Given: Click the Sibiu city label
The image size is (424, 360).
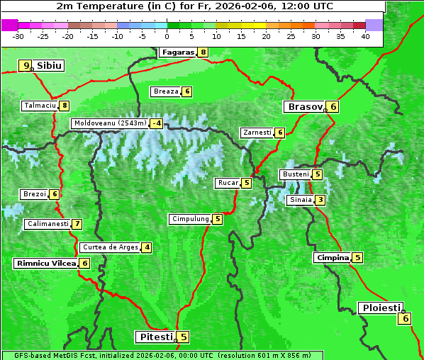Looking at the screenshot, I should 50,66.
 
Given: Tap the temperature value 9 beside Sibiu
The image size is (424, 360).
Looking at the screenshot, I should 26,66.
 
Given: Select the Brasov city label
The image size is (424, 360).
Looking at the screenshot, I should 304,107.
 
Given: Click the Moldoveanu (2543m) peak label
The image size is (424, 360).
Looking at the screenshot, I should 110,123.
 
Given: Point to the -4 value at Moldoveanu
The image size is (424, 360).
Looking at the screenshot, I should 156,123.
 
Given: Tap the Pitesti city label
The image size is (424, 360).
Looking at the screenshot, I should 155,337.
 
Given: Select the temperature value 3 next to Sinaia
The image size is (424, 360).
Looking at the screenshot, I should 320,200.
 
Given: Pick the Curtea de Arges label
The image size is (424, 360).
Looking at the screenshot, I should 109,247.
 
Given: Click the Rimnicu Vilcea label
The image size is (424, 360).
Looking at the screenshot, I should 45,263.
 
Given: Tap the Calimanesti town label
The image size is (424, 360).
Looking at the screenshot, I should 48,224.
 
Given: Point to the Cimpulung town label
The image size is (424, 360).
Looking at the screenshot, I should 190,219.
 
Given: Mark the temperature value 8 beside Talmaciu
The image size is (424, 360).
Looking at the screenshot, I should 65,106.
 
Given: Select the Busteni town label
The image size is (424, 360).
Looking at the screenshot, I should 295,174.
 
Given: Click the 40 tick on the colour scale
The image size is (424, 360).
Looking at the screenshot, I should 365,35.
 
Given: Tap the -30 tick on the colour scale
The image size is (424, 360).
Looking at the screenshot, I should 18,35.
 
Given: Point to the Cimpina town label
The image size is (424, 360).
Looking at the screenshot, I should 333,258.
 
